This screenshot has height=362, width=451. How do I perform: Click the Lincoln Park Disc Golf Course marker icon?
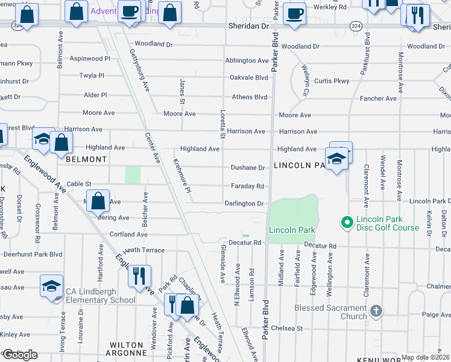pyautogui.click(x=347, y=223)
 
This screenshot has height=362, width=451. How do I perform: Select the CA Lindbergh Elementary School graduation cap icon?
pyautogui.click(x=52, y=286)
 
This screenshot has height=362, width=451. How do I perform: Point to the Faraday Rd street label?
pyautogui.click(x=247, y=186)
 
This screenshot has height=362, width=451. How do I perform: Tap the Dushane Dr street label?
pyautogui.click(x=247, y=168)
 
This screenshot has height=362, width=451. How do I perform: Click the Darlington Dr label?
pyautogui.click(x=244, y=204)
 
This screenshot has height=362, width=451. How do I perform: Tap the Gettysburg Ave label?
pyautogui.click(x=139, y=69)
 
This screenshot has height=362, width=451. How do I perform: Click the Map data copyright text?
pyautogui.click(x=426, y=357)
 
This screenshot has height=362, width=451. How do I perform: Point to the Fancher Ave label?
pyautogui.click(x=378, y=98)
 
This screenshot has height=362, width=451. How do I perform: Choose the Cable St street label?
pyautogui.click(x=78, y=184)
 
